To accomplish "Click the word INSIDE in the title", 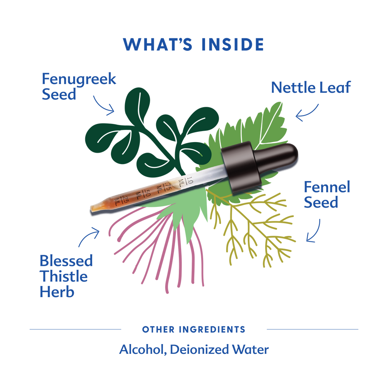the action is [233, 45].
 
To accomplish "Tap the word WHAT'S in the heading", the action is [158, 45].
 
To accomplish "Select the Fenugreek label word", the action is [79, 80].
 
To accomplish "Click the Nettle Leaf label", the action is [311, 88].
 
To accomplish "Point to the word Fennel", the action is [327, 187].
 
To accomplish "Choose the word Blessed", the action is [66, 261].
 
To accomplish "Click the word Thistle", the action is [64, 276].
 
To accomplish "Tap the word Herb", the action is [57, 292].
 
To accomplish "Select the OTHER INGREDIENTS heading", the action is [194, 330].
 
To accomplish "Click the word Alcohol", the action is [143, 350].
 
